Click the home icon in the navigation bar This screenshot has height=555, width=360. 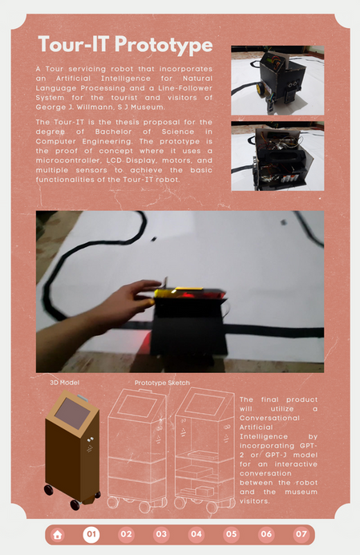[58, 534]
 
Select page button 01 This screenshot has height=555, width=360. [91, 534]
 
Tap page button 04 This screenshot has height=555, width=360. [196, 534]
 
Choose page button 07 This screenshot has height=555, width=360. [301, 534]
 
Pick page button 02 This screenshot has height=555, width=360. [127, 534]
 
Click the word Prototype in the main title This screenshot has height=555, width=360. [164, 45]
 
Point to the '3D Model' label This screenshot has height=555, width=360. [64, 383]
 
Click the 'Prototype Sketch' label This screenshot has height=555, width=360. [162, 383]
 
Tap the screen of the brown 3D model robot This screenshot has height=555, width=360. [73, 413]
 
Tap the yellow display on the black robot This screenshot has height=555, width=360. [166, 293]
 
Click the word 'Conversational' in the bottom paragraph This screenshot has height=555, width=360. [269, 418]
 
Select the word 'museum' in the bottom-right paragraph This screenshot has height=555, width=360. [301, 492]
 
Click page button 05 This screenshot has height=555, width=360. [231, 534]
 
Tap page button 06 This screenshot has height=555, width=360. [266, 534]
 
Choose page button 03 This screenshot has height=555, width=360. [161, 534]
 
